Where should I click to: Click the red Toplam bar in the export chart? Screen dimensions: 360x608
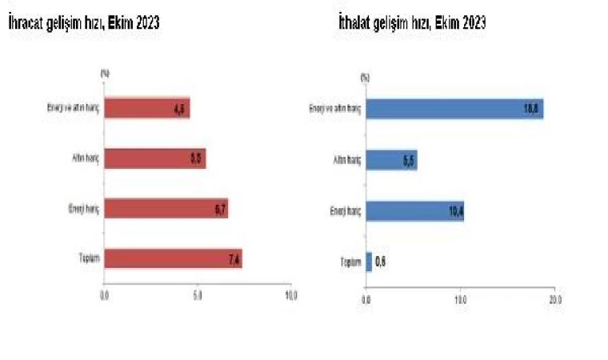click(x=172, y=259)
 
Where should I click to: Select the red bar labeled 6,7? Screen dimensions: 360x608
click(x=166, y=210)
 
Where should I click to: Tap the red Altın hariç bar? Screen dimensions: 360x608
click(x=154, y=159)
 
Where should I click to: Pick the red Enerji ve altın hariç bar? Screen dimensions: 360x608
click(x=146, y=108)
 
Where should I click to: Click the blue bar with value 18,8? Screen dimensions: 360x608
click(x=454, y=109)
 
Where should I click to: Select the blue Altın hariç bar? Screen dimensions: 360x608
click(x=391, y=161)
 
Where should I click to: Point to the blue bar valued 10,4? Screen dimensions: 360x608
click(x=414, y=211)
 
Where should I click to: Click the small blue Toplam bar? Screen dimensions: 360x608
click(x=369, y=261)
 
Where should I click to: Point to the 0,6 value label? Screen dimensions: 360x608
click(x=382, y=261)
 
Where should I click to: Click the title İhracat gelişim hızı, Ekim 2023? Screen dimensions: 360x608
click(x=83, y=24)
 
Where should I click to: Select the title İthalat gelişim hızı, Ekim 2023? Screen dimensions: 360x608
click(x=412, y=24)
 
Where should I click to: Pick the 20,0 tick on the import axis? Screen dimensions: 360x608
click(x=554, y=299)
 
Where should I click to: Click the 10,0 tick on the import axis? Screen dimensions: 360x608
click(x=460, y=299)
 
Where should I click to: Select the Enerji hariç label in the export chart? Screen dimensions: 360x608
click(x=82, y=210)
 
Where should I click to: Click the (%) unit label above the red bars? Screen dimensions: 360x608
click(x=105, y=73)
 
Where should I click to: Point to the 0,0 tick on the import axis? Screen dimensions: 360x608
click(x=366, y=299)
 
